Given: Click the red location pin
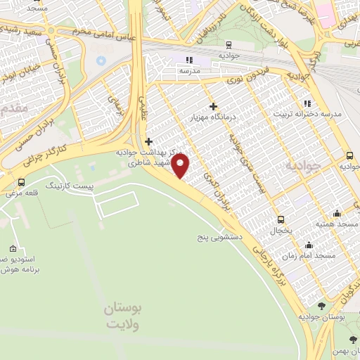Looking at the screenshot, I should click(181, 166).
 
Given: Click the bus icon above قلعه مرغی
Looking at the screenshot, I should click(22, 183).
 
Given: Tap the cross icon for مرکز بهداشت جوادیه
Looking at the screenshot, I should click(148, 141).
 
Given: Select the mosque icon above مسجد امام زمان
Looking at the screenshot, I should click(309, 245).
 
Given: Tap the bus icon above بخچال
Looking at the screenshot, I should click(281, 220).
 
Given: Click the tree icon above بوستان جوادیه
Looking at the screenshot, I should click(321, 306).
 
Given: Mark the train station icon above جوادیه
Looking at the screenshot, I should click(188, 59).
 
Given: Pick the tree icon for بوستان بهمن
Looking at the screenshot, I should click(353, 341).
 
